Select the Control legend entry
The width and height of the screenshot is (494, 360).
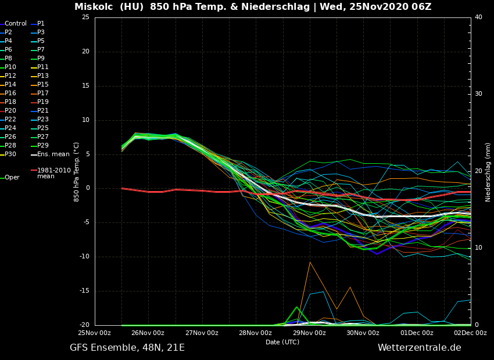point(16,24)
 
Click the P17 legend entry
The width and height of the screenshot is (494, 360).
point(43,93)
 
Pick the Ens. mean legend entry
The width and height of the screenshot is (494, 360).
point(53,154)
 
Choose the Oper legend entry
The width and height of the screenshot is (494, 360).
point(12,178)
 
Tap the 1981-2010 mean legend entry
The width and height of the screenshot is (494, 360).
point(53,173)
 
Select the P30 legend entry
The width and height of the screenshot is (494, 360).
point(10,154)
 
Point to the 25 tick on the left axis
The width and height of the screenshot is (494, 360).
point(85,17)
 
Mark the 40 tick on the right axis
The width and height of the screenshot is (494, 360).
point(478,17)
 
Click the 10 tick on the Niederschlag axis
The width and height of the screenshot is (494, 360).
point(478,248)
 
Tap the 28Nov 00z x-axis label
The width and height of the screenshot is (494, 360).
point(256,333)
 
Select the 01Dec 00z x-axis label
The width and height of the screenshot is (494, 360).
point(417,333)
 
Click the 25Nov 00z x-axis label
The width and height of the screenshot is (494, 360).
point(95,333)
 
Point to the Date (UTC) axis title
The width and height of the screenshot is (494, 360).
point(282,342)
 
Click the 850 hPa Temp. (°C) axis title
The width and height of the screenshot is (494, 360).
point(77,171)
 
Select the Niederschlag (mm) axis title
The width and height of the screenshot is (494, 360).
point(488,172)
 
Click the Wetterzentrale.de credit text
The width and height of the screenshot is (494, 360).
point(419,348)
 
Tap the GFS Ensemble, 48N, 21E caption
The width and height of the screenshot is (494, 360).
point(127,348)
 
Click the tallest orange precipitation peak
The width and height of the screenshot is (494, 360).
point(310,262)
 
